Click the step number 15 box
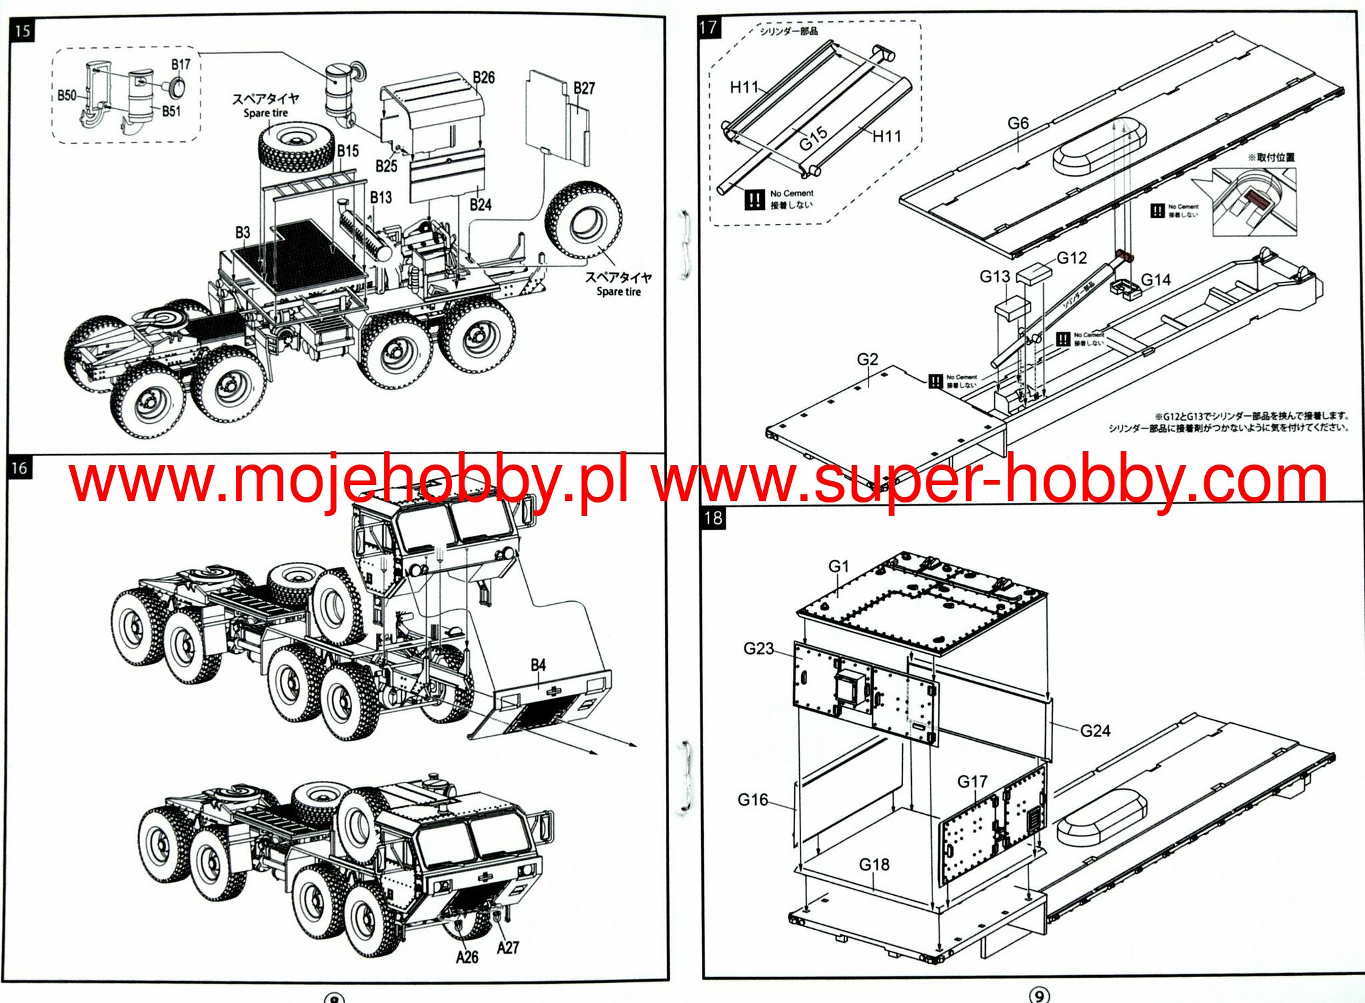pos(22,31)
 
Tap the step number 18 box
pos(712,518)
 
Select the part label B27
pos(584,88)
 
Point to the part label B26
pos(483,77)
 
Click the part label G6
pos(1018,123)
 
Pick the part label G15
pos(813,139)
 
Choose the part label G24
pos(1095,731)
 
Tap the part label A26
pos(467,957)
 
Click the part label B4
pos(538,665)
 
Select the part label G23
pos(758,648)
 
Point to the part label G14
pos(1156,280)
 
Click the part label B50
pos(67,95)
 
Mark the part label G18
pos(874,864)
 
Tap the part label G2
pos(867,359)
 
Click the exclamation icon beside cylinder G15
pos(754,199)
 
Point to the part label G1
pos(838,566)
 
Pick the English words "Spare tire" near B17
pos(265,113)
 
